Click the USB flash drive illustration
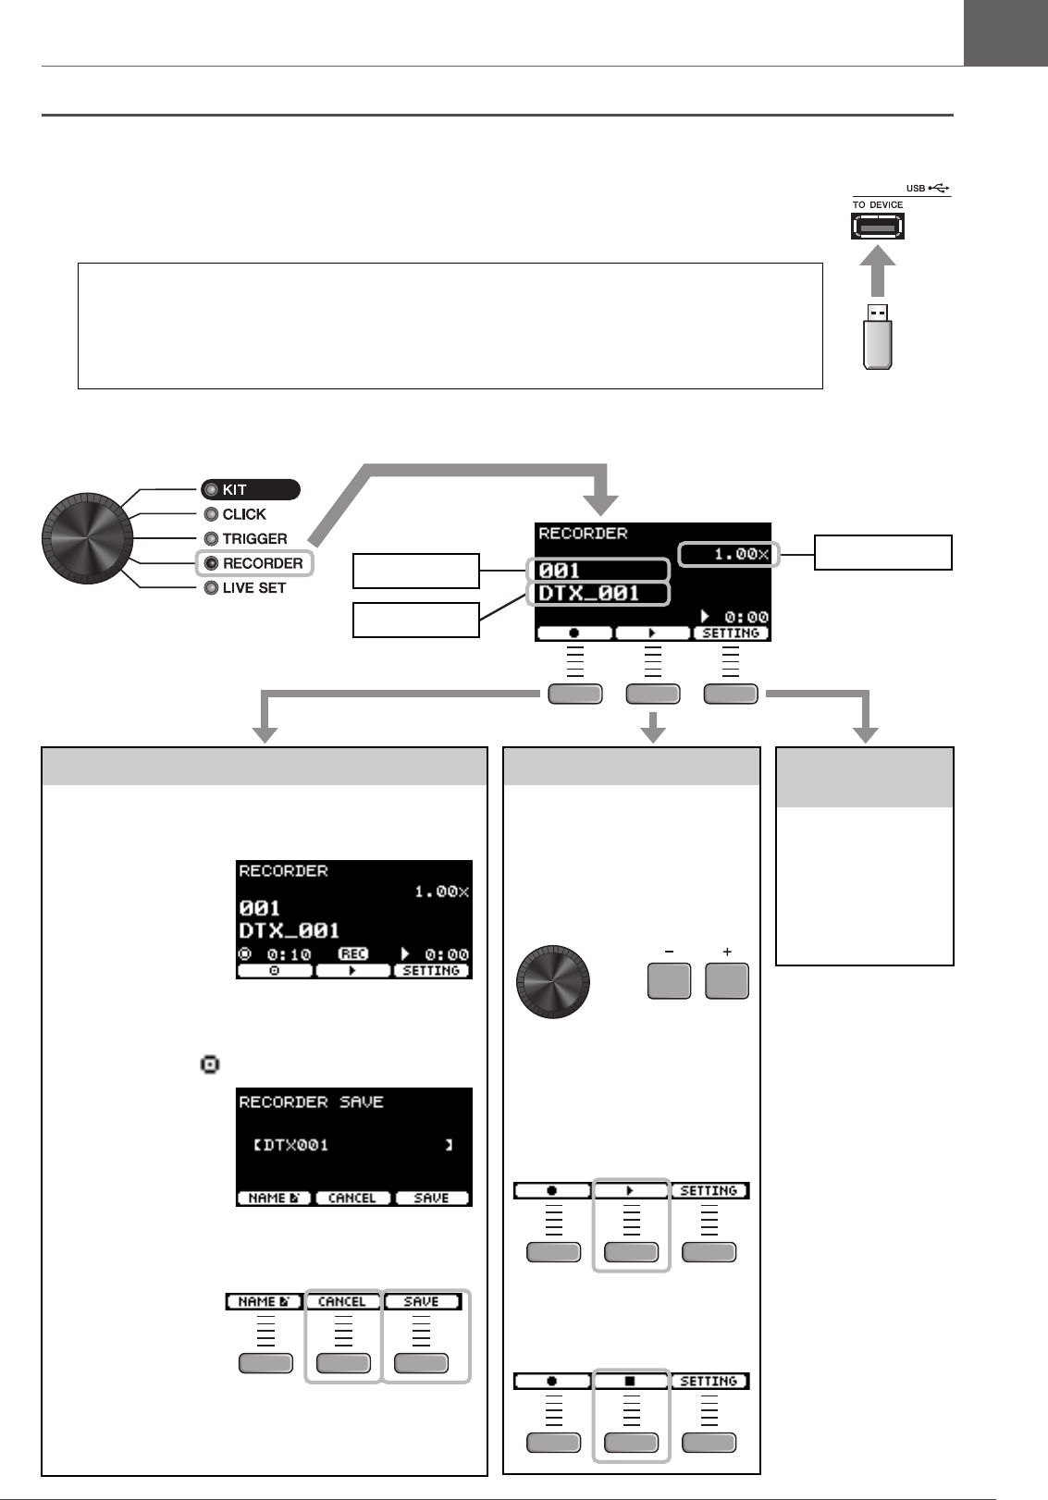point(877,338)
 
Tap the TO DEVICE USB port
point(877,226)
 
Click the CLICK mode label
point(243,514)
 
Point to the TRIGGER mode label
point(254,538)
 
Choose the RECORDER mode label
point(262,563)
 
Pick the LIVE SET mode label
point(253,587)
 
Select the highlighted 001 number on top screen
point(561,570)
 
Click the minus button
point(669,980)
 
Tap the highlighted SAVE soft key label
point(421,1301)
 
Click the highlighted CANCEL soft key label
point(342,1301)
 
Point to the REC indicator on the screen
point(352,953)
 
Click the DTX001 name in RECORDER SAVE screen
point(296,1145)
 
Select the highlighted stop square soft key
point(630,1381)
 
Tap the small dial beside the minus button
point(552,981)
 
